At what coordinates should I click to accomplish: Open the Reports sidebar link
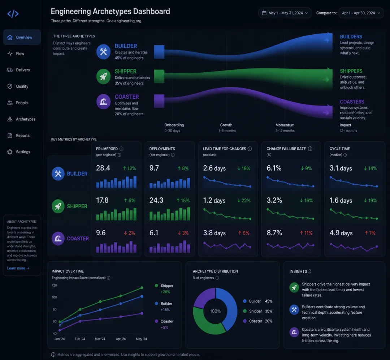tap(18, 136)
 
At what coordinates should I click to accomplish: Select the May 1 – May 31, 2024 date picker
tap(285, 13)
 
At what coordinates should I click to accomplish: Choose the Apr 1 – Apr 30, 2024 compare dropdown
tap(361, 13)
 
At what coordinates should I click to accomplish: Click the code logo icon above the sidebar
tap(13, 14)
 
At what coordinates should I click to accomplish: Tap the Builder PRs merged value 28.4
tap(103, 168)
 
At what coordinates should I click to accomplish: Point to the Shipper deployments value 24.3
tap(156, 200)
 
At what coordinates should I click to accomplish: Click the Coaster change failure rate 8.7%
tap(274, 233)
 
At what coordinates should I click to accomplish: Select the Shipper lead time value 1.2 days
tap(214, 200)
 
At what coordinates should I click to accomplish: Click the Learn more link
tap(18, 268)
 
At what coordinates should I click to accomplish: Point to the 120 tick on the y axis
tap(54, 285)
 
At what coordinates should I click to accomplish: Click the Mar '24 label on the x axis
tap(100, 339)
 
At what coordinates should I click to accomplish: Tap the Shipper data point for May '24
tap(142, 288)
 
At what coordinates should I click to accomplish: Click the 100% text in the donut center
tap(215, 311)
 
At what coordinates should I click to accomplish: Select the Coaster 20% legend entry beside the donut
tap(257, 321)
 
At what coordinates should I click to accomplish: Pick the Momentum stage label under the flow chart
tap(285, 125)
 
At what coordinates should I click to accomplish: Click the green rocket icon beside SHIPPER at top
tap(104, 76)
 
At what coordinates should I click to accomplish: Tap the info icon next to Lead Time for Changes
tap(250, 149)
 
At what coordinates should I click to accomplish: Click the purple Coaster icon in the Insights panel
tap(294, 332)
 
